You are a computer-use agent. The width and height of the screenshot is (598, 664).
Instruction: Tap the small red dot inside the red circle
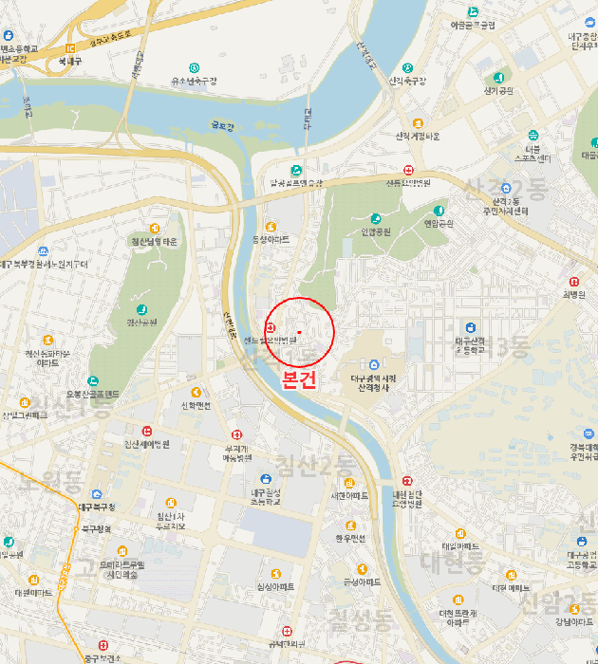point(299,331)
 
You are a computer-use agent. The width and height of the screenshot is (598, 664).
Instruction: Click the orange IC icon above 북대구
point(70,47)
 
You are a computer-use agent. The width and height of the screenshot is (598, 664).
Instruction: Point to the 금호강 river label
point(222,124)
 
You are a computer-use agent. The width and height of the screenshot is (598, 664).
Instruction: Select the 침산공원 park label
point(141,323)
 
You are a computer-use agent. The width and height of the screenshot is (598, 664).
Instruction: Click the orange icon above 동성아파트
point(271,226)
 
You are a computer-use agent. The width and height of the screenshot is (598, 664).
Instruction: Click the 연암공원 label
point(439,223)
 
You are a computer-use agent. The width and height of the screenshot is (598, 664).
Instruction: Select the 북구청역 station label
point(96,528)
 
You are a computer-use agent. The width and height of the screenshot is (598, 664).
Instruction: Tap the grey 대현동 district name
point(454,561)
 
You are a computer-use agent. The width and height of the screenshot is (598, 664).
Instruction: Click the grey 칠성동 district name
point(360,620)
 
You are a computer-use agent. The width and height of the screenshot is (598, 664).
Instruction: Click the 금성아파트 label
point(362,581)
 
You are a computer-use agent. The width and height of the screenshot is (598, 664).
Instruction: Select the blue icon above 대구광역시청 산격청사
point(373,364)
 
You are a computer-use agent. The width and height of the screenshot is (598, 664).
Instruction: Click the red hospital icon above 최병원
point(574,281)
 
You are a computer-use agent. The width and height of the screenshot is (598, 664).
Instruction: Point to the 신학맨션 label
point(196,405)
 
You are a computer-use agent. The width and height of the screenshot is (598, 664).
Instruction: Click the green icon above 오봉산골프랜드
point(93,381)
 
